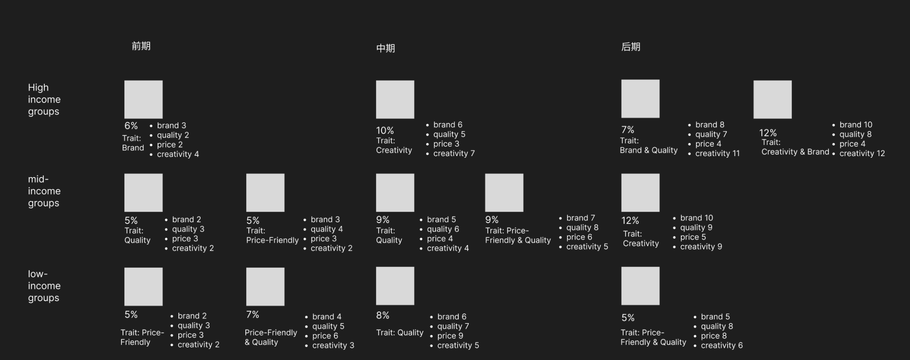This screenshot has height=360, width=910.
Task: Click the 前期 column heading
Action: [141, 46]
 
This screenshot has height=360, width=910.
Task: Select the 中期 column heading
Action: [385, 48]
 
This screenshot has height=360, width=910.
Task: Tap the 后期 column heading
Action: [630, 47]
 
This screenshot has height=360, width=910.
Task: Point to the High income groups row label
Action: [44, 100]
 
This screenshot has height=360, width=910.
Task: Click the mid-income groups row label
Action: [44, 191]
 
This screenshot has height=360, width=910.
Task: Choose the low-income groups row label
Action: [44, 286]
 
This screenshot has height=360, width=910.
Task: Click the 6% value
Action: [131, 126]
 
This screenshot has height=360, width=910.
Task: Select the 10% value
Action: [384, 130]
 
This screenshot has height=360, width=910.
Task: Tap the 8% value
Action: [383, 315]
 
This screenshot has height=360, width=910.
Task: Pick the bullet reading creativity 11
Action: [717, 154]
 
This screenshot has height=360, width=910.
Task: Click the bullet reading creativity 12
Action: [862, 154]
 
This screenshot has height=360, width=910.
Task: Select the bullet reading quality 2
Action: [173, 135]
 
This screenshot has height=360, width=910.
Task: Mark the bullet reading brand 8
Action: [709, 125]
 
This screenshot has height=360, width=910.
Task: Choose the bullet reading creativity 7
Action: [454, 154]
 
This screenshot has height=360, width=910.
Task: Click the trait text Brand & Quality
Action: [648, 150]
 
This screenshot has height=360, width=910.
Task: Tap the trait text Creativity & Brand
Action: [795, 152]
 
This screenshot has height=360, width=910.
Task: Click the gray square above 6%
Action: [143, 100]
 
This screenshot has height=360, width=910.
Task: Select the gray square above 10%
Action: [395, 100]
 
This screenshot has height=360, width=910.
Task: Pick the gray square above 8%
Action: [395, 286]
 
